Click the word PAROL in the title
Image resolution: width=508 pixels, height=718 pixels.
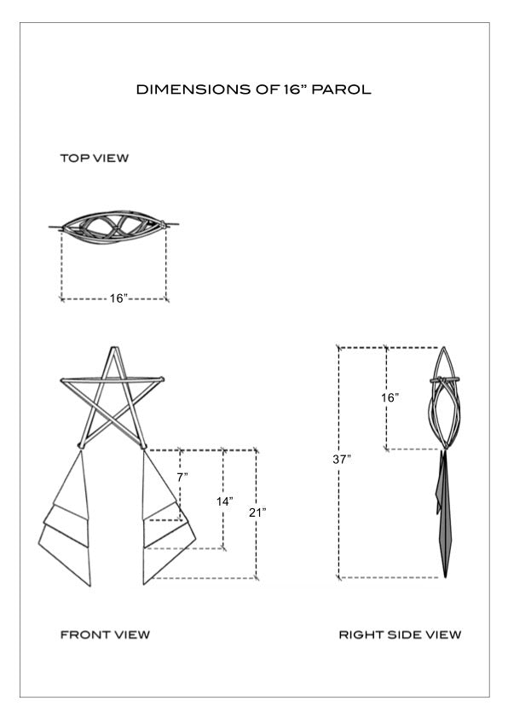pos(341,90)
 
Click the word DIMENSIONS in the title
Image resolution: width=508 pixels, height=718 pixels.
pos(194,90)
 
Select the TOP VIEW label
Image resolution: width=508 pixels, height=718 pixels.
pos(95,158)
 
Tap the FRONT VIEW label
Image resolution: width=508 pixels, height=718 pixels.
pos(105,634)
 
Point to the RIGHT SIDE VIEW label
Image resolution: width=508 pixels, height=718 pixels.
pos(400,634)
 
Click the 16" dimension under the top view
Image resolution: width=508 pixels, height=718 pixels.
pos(118,298)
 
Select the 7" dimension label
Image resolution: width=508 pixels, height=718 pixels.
pos(182,478)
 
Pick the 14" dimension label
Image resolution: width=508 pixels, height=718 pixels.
pos(225,501)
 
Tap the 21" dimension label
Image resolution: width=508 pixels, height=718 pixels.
pos(257,512)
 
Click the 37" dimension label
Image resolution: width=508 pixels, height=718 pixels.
pos(342,460)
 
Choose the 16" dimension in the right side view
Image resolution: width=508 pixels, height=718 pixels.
pos(390,397)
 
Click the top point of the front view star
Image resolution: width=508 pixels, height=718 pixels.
pos(113,348)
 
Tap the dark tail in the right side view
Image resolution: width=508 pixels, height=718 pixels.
pos(444,512)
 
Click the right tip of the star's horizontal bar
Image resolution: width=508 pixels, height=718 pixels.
pos(163,379)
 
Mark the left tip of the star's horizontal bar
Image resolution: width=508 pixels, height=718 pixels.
pos(61,379)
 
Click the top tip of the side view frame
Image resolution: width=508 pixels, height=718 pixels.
pos(444,348)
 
